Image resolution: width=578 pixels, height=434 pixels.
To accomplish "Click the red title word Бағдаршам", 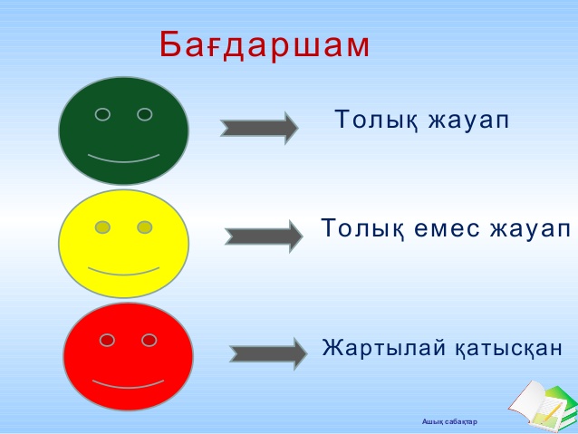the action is coord(265,44).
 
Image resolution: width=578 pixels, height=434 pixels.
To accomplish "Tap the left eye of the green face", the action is coord(102,114).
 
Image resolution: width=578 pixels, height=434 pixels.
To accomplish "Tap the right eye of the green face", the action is coord(145,114).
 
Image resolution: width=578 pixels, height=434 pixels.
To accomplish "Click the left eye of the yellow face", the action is coord(102,227).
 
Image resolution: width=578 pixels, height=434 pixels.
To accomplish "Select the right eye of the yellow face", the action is coord(145,227).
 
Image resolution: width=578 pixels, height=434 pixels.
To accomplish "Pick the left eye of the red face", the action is coord(107,340).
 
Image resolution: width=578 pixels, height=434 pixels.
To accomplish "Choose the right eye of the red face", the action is coord(149,340).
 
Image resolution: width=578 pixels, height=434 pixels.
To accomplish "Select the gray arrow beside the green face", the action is coord(259,129).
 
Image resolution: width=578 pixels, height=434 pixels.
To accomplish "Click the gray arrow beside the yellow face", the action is coord(264,236).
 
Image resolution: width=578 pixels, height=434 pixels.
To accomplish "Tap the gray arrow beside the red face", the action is coord(268,354).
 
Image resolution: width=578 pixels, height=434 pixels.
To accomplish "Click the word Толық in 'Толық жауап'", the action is coord(376,120).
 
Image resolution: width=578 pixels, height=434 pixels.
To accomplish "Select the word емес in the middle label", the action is coord(448,228).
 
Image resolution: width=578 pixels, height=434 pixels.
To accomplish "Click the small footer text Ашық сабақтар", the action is coord(449,421).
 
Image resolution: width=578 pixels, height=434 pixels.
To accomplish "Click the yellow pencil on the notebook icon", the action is coord(552,411).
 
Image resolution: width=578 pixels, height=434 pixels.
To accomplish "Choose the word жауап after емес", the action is coord(530,228).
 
